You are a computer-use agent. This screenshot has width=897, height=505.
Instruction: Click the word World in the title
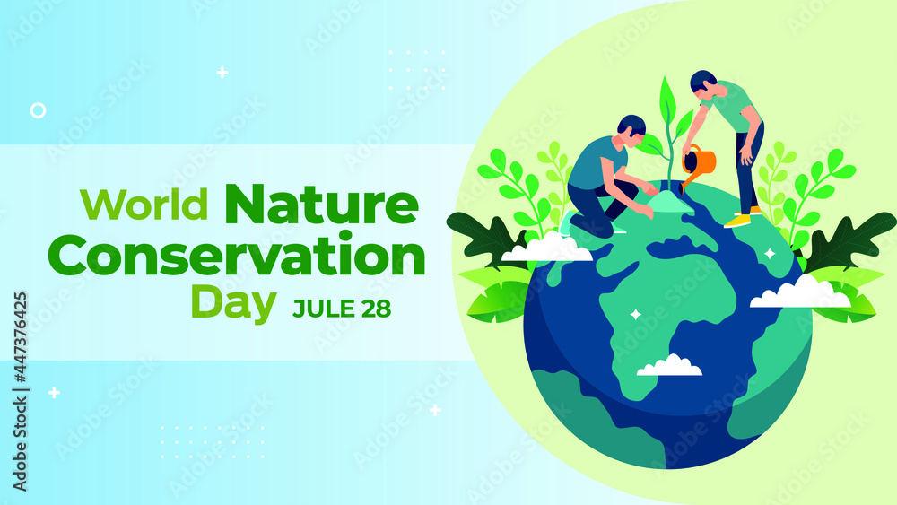click(x=144, y=205)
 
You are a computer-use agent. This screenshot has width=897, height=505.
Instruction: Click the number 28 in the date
click(x=371, y=309)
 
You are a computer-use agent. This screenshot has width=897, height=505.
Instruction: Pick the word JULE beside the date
click(x=322, y=309)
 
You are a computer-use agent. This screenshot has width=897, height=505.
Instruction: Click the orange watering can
click(x=700, y=162)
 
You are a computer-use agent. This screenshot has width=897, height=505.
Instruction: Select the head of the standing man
click(x=702, y=83)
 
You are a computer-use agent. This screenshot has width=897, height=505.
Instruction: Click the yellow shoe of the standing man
click(x=737, y=220)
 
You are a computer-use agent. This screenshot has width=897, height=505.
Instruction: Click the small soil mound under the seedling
click(x=669, y=205)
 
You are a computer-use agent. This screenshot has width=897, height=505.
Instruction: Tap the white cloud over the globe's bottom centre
click(x=669, y=366)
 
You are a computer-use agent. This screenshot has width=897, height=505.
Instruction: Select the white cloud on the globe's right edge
click(x=799, y=293)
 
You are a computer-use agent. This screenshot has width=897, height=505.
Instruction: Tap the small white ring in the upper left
click(x=38, y=110)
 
